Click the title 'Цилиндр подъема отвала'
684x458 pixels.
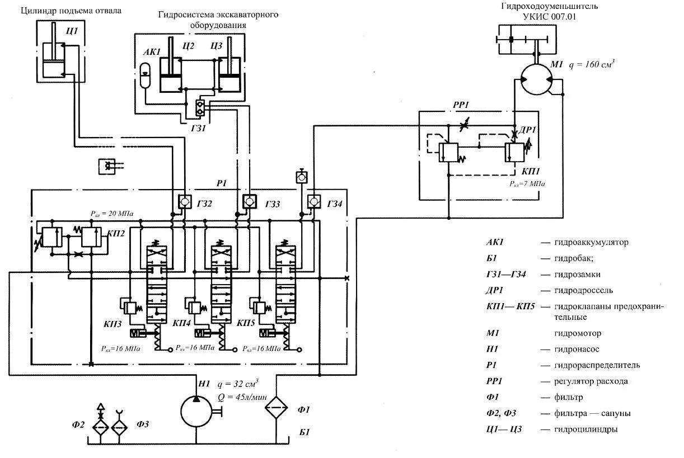coord(71,11)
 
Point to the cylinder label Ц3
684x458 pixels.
coord(217,45)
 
